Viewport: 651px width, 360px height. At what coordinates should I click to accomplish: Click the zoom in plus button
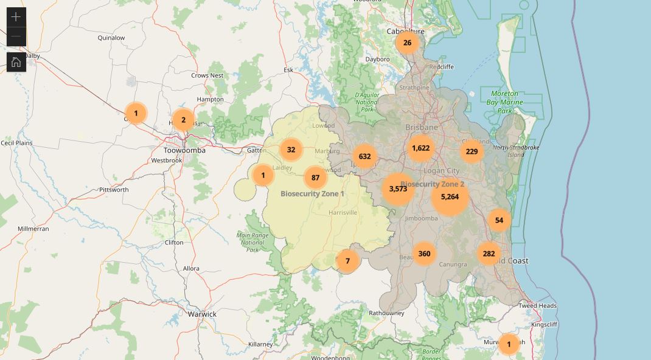pos(16,17)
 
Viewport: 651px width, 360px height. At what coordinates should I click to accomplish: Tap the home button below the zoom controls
pos(16,62)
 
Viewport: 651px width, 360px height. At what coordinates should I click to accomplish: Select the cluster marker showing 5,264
pos(450,197)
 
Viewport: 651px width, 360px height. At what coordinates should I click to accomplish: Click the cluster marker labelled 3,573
pos(398,189)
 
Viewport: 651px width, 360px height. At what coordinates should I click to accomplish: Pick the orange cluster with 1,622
pos(420,148)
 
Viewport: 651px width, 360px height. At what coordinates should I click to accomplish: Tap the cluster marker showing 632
pos(364,156)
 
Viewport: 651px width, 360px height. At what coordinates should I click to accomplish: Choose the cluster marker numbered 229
pos(472,151)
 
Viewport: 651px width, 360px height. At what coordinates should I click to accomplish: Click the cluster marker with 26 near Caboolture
pos(407,43)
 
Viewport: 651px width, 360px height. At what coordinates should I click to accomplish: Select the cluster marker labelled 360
pos(424,254)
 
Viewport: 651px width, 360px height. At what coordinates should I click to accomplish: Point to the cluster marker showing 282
pos(489,254)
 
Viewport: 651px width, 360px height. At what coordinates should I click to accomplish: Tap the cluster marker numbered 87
pos(315,178)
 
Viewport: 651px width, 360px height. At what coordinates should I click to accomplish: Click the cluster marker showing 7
pos(347,261)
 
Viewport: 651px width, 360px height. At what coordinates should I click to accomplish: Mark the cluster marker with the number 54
pos(499,220)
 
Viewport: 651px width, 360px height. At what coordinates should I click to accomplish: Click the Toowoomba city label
pos(184,150)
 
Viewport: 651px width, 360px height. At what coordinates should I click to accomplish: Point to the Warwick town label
pos(202,314)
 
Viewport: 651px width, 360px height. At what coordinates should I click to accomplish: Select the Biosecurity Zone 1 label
pos(312,194)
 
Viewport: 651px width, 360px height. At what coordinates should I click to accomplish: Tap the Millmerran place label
pos(33,229)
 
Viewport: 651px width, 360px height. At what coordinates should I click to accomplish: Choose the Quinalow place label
pos(111,38)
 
